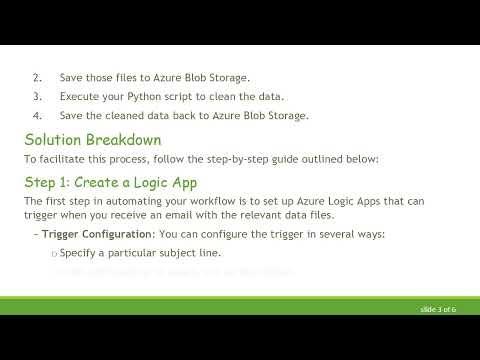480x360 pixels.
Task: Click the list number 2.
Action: pyautogui.click(x=37, y=77)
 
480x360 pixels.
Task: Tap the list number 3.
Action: pyautogui.click(x=37, y=96)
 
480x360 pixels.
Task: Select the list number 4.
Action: pyautogui.click(x=37, y=115)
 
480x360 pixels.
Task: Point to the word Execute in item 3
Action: pyautogui.click(x=80, y=96)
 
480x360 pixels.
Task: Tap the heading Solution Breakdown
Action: pyautogui.click(x=92, y=139)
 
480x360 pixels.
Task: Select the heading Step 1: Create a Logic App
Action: pyautogui.click(x=111, y=182)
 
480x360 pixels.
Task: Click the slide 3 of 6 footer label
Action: pyautogui.click(x=438, y=310)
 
